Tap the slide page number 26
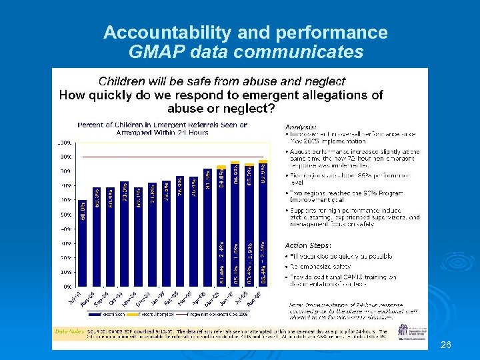click(x=446, y=345)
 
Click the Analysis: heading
click(x=301, y=127)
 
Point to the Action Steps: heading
click(x=307, y=245)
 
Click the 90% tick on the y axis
click(x=66, y=157)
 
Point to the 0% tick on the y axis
click(x=68, y=286)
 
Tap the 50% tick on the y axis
click(x=66, y=215)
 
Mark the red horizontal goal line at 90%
click(x=173, y=157)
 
